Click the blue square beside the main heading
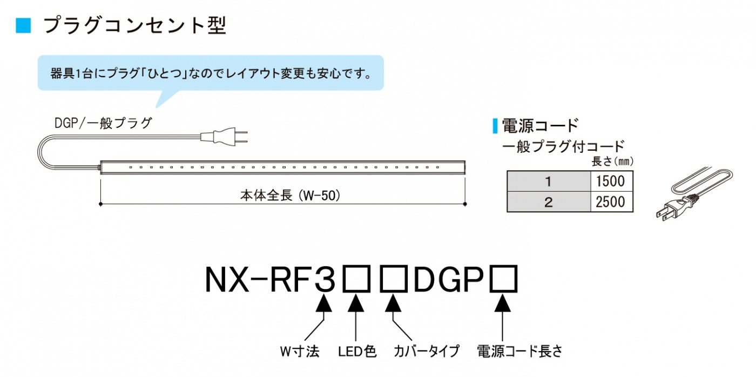coord(23,25)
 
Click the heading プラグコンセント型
coord(135,25)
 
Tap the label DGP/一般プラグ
coord(103,123)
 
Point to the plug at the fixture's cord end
coord(224,137)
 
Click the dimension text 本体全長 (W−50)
coord(291,196)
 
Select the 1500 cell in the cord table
coord(611,181)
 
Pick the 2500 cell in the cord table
coord(611,202)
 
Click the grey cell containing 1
coord(549,181)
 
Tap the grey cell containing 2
coord(549,202)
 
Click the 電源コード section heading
coord(540,125)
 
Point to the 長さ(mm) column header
coord(612,161)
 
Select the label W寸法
coord(300,352)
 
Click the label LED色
coord(357,352)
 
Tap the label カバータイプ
coord(427,352)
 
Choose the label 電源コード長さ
coord(519,352)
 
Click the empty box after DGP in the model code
coord(503,279)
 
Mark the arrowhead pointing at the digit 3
coord(324,303)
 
